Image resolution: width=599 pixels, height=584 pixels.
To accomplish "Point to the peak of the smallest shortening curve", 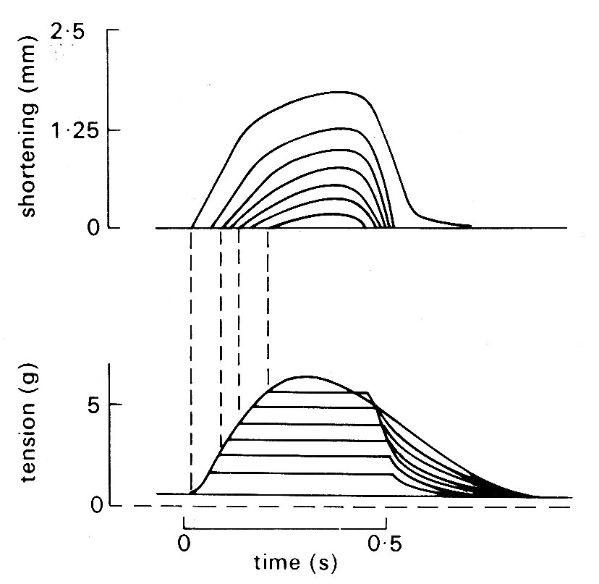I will pyautogui.click(x=329, y=213).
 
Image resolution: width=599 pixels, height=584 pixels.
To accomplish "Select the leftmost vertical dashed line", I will pyautogui.click(x=191, y=362).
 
